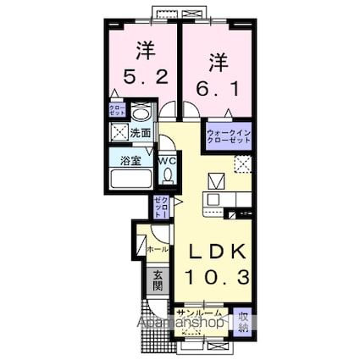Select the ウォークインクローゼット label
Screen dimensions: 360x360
[228, 136]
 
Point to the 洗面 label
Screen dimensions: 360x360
[140, 133]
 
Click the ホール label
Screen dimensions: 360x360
[158, 250]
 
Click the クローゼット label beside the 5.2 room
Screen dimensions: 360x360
[117, 110]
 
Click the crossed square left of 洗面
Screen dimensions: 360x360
[118, 132]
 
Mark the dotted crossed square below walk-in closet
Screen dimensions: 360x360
[244, 164]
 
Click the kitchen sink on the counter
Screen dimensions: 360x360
[213, 200]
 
